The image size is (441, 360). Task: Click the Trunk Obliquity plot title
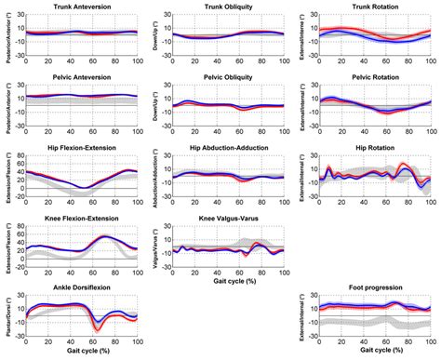(x=221, y=7)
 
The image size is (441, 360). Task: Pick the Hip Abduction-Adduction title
(x=221, y=149)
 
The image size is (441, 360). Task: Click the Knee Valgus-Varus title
(x=221, y=220)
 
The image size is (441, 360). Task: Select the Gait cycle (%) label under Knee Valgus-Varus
(x=221, y=283)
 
